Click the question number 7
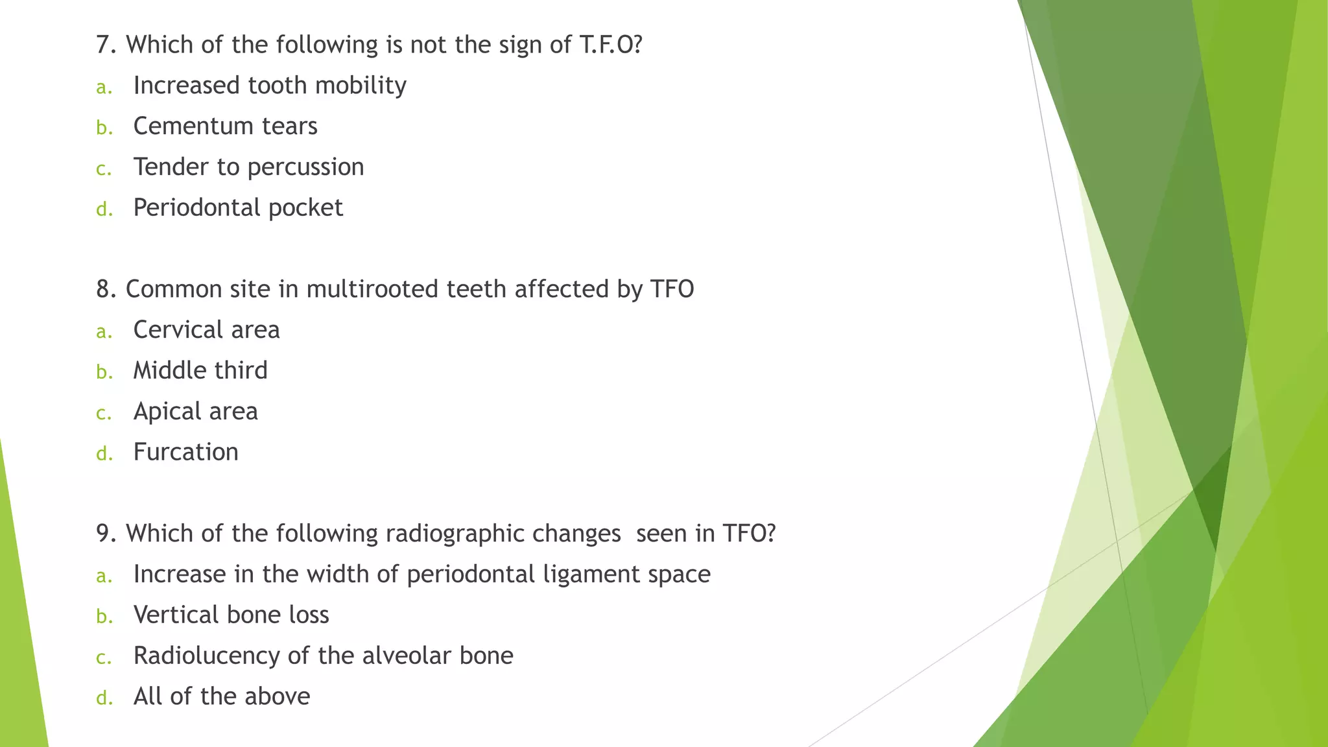click(x=106, y=45)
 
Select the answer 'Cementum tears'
click(x=225, y=126)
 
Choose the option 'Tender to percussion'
click(x=248, y=167)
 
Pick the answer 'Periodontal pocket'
click(x=238, y=207)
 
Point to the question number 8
click(x=106, y=289)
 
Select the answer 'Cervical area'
click(x=206, y=330)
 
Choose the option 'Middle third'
click(x=200, y=370)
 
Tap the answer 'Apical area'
click(x=195, y=411)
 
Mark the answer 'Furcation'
click(x=185, y=452)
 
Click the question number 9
click(x=106, y=534)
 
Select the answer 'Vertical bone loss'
click(x=231, y=615)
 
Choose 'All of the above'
click(x=222, y=696)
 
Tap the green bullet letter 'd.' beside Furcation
click(x=104, y=453)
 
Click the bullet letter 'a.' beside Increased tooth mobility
click(x=104, y=87)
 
